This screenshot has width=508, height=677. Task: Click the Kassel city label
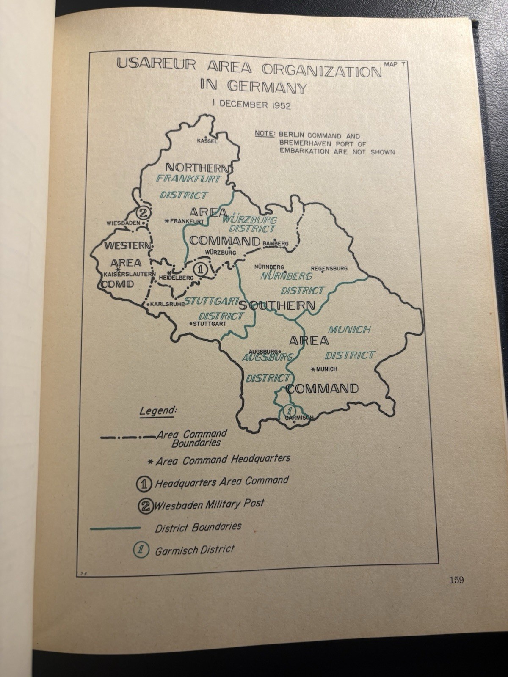207,141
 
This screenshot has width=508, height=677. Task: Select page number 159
456,580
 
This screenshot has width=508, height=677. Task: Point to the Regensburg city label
329,268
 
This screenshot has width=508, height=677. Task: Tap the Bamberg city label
276,244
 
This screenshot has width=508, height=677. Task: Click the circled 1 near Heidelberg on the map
200,268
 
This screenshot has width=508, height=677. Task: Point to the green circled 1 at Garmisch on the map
290,410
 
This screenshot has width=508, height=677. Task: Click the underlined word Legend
158,411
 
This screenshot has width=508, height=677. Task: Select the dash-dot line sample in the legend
127,437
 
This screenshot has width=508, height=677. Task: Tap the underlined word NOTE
264,135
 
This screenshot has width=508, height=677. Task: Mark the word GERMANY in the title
266,87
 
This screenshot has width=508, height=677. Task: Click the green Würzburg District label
250,224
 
